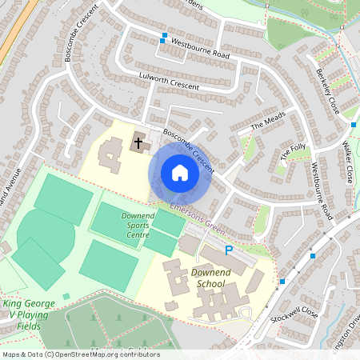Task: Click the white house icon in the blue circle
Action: (180, 173)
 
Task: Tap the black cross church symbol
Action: (138, 144)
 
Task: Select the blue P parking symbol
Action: (229, 250)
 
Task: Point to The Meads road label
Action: (267, 122)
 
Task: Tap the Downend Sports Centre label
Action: (126, 222)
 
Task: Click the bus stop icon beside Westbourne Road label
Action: (164, 37)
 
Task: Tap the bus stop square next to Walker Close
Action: (354, 124)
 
